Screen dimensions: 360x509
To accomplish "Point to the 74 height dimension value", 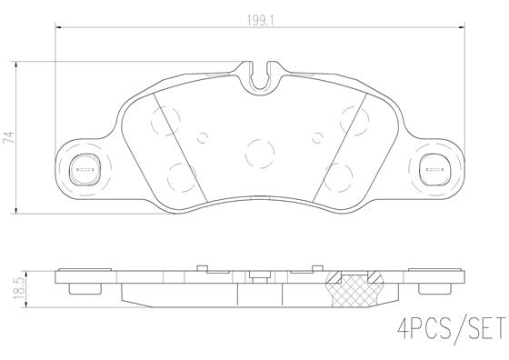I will (9, 136).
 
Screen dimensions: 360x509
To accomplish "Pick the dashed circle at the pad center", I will (260, 151).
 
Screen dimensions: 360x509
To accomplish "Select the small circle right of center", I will (317, 138).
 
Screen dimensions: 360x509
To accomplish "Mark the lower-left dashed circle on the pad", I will (180, 173).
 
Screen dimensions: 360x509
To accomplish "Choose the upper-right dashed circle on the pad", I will (354, 116).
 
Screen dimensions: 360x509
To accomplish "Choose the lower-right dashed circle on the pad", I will (340, 173).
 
